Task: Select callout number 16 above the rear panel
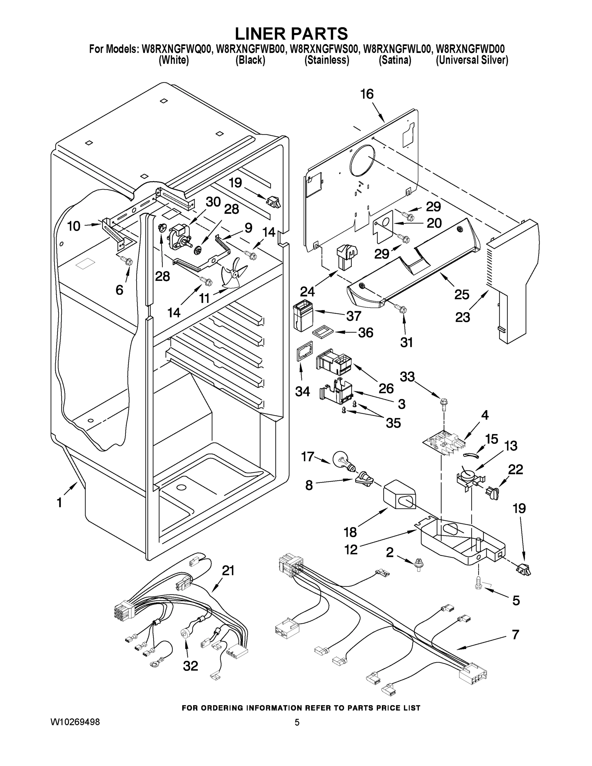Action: [367, 94]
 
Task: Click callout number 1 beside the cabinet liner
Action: [59, 503]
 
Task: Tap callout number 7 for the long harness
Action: [515, 634]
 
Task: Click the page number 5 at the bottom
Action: [297, 722]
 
